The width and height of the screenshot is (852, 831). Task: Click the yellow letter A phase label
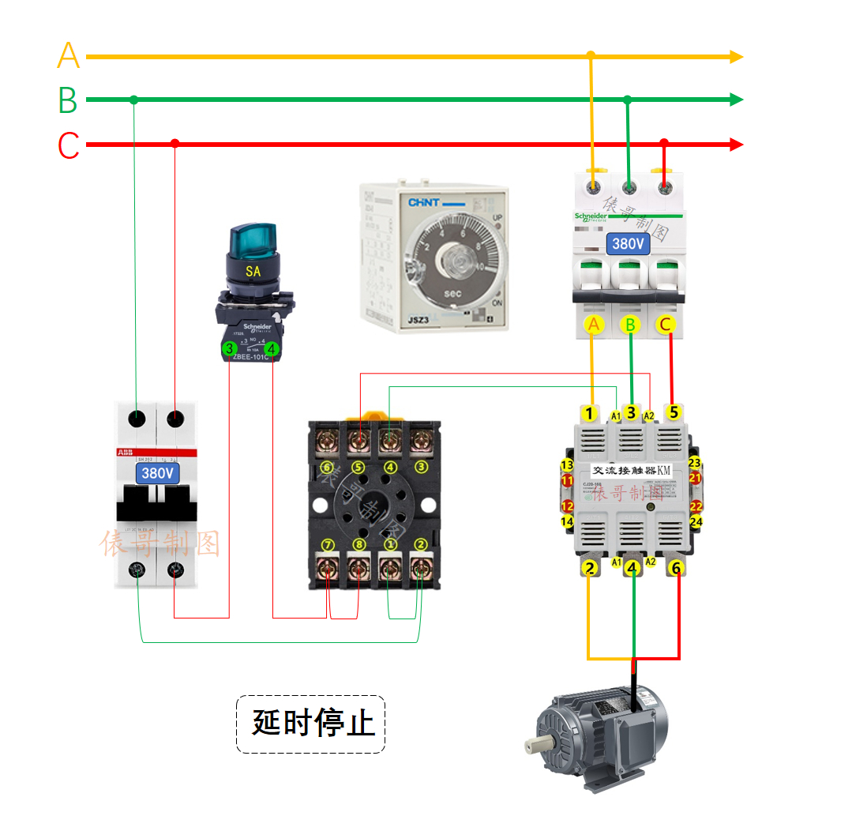[69, 56]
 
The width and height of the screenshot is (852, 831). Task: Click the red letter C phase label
[69, 146]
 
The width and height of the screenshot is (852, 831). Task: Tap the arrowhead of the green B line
[736, 100]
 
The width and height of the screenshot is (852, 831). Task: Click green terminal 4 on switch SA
[272, 348]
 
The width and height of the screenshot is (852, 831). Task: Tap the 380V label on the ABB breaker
[158, 474]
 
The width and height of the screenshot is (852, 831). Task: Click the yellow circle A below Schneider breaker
[594, 324]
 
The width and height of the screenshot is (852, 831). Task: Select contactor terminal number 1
[589, 412]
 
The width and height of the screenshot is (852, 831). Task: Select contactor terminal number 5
[673, 412]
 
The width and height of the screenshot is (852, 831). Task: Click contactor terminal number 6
[674, 567]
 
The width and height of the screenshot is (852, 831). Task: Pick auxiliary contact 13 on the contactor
[566, 464]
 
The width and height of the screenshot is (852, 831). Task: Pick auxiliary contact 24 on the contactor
[695, 521]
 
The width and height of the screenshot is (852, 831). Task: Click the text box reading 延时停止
[311, 723]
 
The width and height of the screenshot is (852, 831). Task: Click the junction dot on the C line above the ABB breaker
[175, 143]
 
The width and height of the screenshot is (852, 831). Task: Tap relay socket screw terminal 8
[358, 566]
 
